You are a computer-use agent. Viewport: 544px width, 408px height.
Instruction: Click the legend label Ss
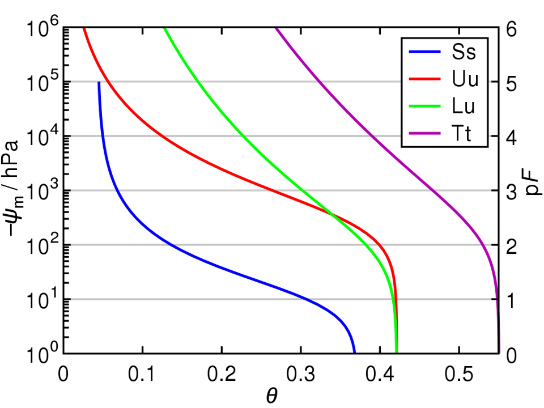coord(464,52)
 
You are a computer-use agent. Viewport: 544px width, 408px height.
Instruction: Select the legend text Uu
coord(465,79)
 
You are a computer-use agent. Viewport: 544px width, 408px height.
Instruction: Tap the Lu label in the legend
coord(464,107)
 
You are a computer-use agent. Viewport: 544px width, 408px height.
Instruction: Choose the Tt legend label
coord(462,134)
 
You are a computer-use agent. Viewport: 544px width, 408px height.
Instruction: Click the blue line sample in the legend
coord(424,52)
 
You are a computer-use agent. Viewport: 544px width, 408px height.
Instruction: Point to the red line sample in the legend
coord(424,79)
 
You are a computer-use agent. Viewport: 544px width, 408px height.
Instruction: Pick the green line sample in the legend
coord(424,107)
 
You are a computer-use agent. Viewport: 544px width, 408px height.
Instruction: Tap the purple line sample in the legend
coord(424,134)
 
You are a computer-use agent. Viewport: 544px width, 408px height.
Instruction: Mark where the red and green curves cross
coord(330,214)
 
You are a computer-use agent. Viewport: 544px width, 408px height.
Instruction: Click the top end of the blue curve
coord(99,83)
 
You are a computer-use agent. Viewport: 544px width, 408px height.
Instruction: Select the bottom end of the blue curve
coord(354,351)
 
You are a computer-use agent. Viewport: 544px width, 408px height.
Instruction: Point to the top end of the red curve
coord(84,29)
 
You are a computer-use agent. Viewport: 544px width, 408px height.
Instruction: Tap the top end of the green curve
coord(165,29)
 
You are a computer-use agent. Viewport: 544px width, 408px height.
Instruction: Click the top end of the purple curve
coord(277,29)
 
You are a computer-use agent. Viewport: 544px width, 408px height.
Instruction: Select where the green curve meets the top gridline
coord(198,82)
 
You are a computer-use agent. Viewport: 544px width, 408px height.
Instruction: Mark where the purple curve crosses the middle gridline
coord(433,190)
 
